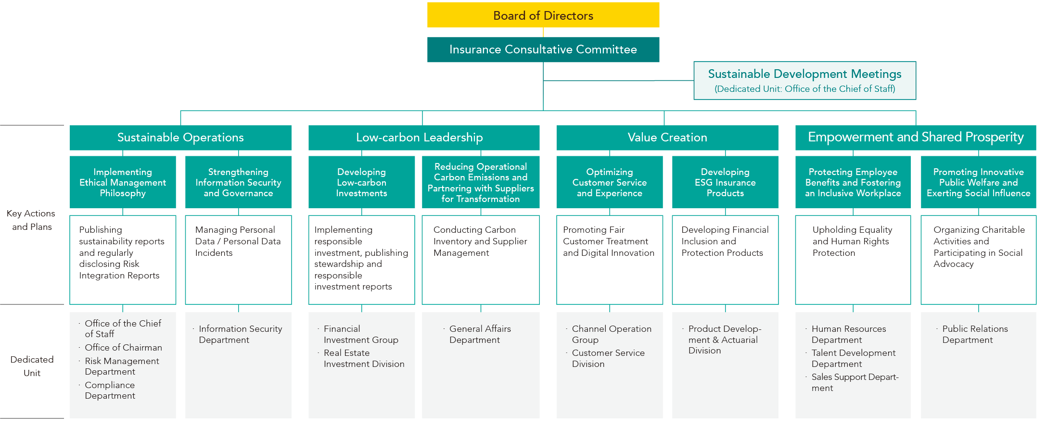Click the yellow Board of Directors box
pos(543,15)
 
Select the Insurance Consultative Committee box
pos(543,50)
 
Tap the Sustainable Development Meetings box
pos(804,80)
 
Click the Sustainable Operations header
pos(180,138)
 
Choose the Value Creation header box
pos(667,138)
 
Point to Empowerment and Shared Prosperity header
pos(915,138)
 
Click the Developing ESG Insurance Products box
pos(725,182)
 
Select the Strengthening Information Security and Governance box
pos(238,182)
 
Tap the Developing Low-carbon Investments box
pos(361,182)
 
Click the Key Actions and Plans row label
pos(32,220)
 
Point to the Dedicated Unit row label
pos(32,366)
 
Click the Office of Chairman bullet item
pos(123,348)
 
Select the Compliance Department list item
pos(110,390)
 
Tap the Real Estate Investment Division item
pos(363,358)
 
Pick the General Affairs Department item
pos(480,334)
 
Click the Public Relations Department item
pos(974,334)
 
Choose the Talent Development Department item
pos(853,358)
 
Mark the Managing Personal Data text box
pos(238,241)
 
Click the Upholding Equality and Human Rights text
pos(852,241)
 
